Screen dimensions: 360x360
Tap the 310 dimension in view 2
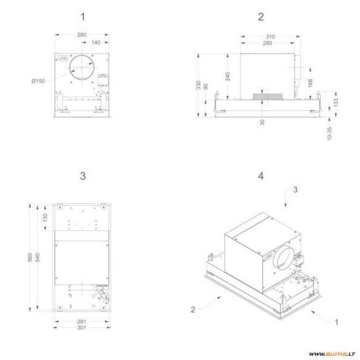click(x=269, y=37)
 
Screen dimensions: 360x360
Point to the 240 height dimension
click(x=228, y=76)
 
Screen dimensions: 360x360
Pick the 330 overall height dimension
click(x=198, y=85)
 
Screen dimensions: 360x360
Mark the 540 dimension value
click(x=38, y=257)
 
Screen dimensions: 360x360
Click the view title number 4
click(x=261, y=176)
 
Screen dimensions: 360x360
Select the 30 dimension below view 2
click(x=262, y=122)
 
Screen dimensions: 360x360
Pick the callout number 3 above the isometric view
click(x=295, y=189)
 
